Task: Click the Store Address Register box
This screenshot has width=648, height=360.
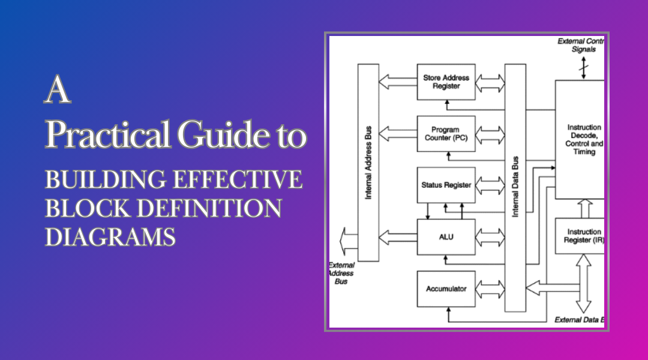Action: pyautogui.click(x=446, y=82)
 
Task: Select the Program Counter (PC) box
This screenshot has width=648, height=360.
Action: pyautogui.click(x=446, y=134)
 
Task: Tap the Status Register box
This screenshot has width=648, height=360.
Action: pyautogui.click(x=446, y=185)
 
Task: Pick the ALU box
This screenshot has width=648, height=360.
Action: pyautogui.click(x=446, y=236)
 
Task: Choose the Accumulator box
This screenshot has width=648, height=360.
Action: pyautogui.click(x=446, y=289)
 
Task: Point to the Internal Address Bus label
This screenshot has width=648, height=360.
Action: pyautogui.click(x=368, y=162)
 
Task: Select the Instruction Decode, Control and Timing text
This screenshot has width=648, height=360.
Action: pyautogui.click(x=584, y=140)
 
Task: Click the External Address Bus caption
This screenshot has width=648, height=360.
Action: pyautogui.click(x=341, y=273)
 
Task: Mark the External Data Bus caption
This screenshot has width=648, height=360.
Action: pyautogui.click(x=579, y=320)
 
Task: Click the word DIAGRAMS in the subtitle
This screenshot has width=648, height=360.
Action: pyautogui.click(x=110, y=236)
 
